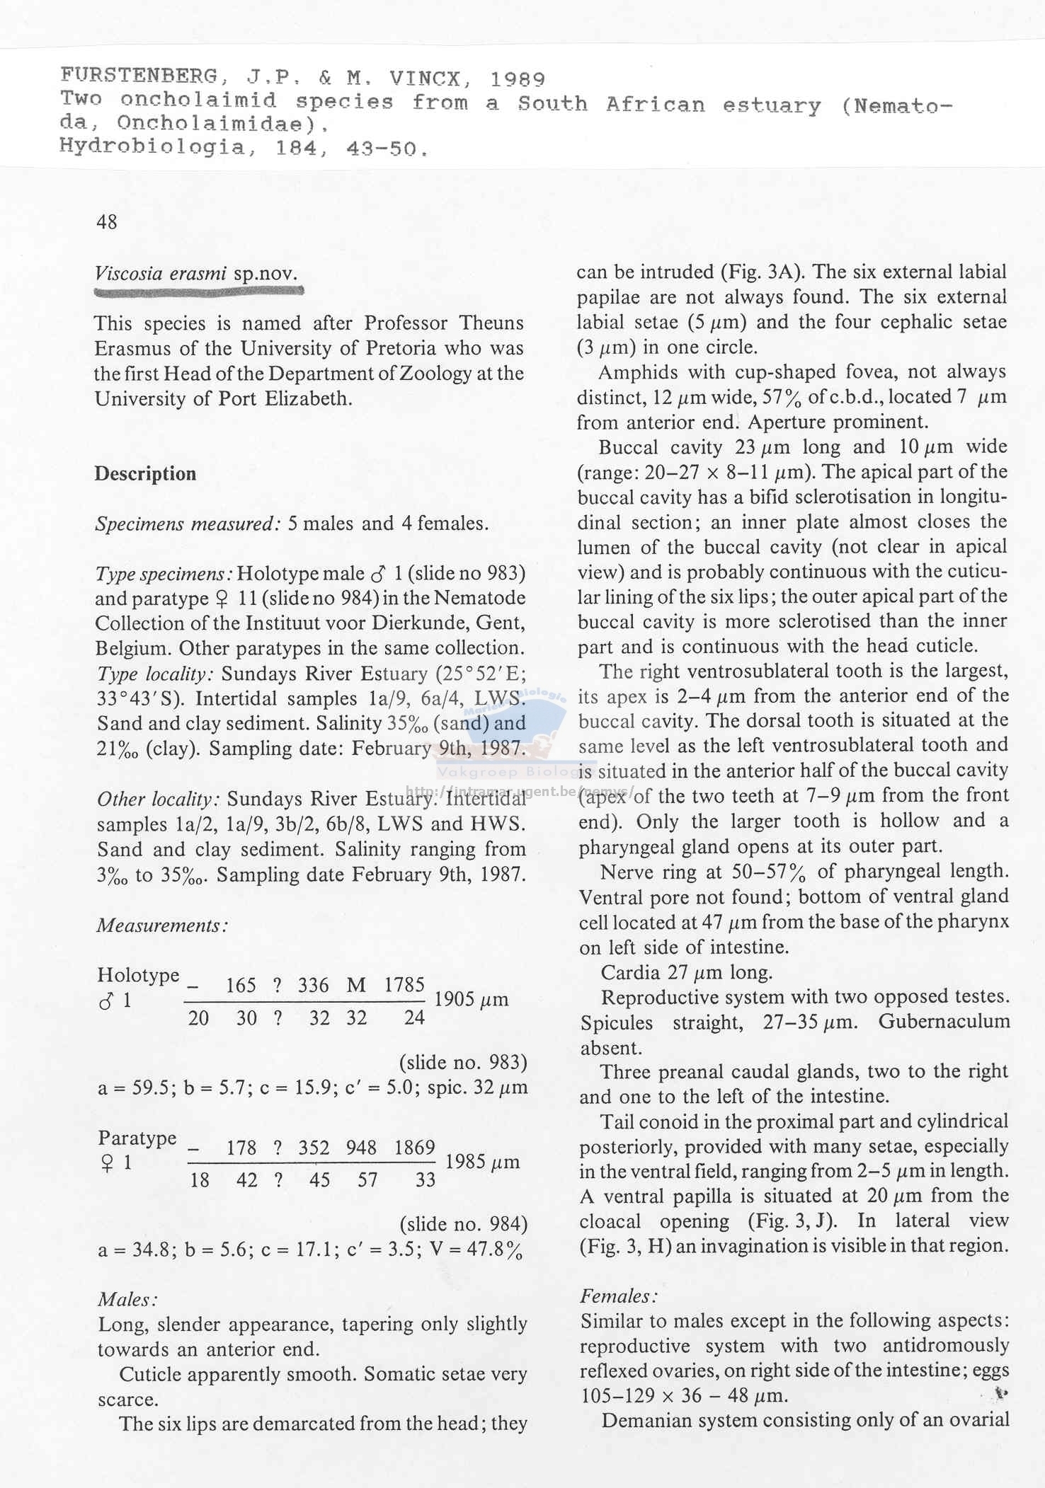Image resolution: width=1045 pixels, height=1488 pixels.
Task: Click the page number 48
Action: pyautogui.click(x=106, y=222)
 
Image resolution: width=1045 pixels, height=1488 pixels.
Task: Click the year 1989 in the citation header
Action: pyautogui.click(x=518, y=79)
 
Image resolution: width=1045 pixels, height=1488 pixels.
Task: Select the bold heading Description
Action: pyautogui.click(x=145, y=473)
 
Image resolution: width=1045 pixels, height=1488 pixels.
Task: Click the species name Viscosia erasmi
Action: pyautogui.click(x=161, y=274)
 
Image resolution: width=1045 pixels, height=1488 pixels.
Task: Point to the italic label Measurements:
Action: pyautogui.click(x=162, y=925)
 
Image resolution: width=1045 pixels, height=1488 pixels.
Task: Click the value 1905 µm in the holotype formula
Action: pyautogui.click(x=471, y=999)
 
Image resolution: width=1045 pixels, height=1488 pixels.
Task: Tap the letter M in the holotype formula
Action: pyautogui.click(x=356, y=985)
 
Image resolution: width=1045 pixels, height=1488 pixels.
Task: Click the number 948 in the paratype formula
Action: pyautogui.click(x=361, y=1147)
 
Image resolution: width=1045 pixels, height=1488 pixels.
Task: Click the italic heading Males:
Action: pyautogui.click(x=127, y=1299)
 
